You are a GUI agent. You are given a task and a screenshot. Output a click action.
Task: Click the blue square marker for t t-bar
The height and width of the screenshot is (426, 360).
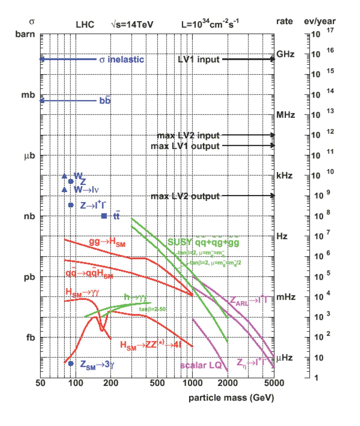(104, 216)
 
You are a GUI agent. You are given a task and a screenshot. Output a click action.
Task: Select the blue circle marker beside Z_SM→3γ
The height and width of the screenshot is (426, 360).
(71, 363)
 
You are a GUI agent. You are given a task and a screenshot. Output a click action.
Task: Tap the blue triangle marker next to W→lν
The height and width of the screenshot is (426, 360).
(64, 189)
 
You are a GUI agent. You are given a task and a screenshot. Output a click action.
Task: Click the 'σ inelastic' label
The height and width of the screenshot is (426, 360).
(122, 59)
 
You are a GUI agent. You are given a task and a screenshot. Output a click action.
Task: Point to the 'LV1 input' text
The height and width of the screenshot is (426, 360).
(199, 59)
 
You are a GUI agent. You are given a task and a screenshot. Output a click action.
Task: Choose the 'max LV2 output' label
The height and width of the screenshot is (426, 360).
(185, 196)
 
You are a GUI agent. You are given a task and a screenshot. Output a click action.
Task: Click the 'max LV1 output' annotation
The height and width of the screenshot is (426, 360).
(185, 146)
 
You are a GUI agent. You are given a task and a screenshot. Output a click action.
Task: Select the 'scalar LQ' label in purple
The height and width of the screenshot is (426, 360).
(201, 365)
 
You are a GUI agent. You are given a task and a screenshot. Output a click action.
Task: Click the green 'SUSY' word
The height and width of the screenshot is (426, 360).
(180, 242)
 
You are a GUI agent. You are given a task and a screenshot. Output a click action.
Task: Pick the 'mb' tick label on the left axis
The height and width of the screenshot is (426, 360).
(28, 95)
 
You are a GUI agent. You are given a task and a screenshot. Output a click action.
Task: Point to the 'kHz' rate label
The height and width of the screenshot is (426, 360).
(284, 176)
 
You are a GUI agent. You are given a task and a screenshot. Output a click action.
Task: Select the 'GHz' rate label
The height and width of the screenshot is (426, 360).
(285, 54)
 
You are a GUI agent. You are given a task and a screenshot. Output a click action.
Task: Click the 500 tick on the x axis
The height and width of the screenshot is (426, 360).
(157, 383)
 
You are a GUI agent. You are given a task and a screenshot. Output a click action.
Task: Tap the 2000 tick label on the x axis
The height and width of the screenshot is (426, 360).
(228, 383)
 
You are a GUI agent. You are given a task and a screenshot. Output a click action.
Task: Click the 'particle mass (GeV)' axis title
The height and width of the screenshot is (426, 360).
(231, 398)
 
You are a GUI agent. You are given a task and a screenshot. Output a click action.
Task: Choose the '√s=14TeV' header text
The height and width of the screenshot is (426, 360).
(132, 24)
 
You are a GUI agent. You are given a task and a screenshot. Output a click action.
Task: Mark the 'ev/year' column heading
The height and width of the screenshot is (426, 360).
(320, 21)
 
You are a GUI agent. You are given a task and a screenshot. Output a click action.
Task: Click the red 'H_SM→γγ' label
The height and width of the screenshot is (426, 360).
(82, 292)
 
